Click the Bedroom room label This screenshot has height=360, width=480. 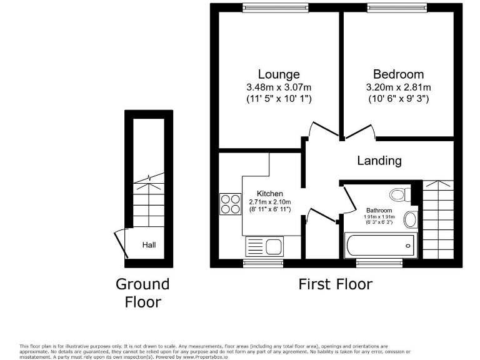[x=398, y=74]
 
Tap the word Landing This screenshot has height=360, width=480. [x=379, y=161]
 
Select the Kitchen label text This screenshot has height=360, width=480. [x=270, y=194]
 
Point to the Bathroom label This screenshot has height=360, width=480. [x=379, y=211]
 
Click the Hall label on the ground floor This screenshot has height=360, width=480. [x=149, y=245]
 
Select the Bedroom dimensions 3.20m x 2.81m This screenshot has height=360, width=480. [x=398, y=87]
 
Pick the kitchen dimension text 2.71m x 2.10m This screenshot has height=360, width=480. [x=271, y=202]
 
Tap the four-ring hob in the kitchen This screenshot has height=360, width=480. [x=230, y=204]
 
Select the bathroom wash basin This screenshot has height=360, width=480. [x=410, y=219]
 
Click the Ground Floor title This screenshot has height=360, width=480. [x=142, y=293]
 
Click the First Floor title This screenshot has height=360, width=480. [x=335, y=284]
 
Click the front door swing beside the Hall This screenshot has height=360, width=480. [x=120, y=245]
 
